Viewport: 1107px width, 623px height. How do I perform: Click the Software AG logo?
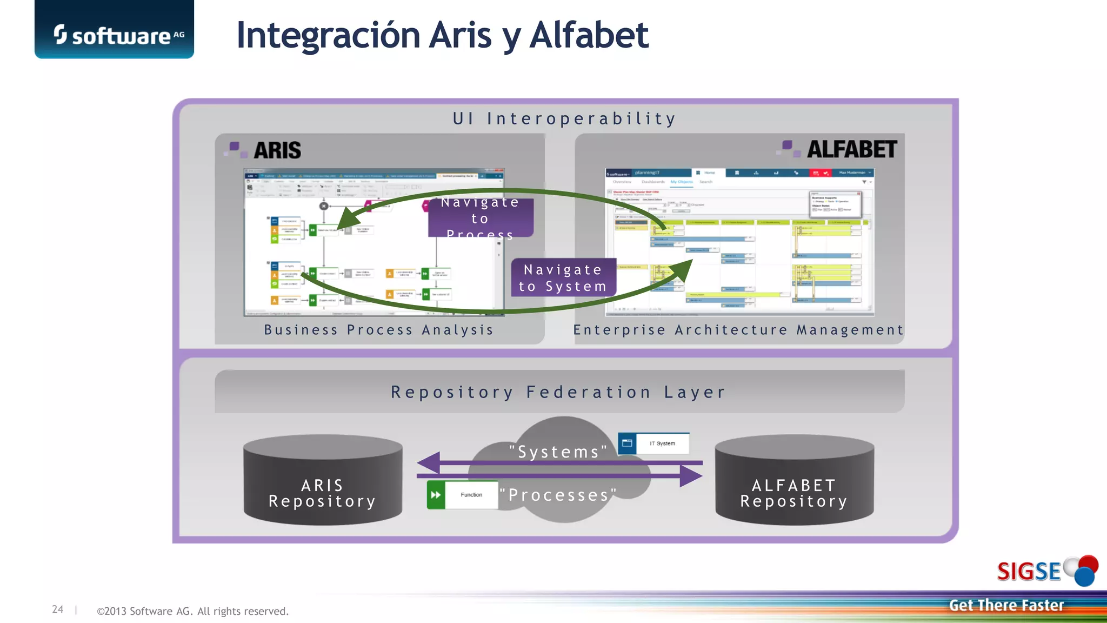(115, 35)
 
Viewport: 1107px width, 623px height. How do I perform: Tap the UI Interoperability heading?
(564, 118)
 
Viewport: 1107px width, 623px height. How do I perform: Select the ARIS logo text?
(276, 150)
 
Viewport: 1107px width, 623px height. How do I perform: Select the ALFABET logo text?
(851, 150)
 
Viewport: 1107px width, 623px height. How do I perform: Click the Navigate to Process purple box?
(480, 218)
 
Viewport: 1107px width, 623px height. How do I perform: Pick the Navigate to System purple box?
(563, 278)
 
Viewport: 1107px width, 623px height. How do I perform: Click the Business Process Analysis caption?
(378, 330)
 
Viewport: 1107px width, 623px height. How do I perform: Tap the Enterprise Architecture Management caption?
(738, 330)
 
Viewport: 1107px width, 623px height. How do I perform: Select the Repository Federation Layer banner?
(559, 392)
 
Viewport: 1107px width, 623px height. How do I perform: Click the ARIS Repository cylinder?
(323, 481)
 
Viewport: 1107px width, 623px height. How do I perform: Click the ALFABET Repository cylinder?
(794, 481)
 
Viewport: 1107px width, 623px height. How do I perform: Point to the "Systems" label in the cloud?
(558, 452)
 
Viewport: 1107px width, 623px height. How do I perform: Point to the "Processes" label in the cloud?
(558, 495)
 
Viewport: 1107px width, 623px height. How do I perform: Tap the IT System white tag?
(662, 443)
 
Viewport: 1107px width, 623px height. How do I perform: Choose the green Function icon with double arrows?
(436, 495)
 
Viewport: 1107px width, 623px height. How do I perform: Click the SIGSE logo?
(1046, 571)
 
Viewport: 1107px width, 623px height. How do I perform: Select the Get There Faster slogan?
(1006, 605)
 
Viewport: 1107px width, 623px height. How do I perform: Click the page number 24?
(58, 609)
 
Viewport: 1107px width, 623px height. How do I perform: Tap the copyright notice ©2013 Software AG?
(192, 611)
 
